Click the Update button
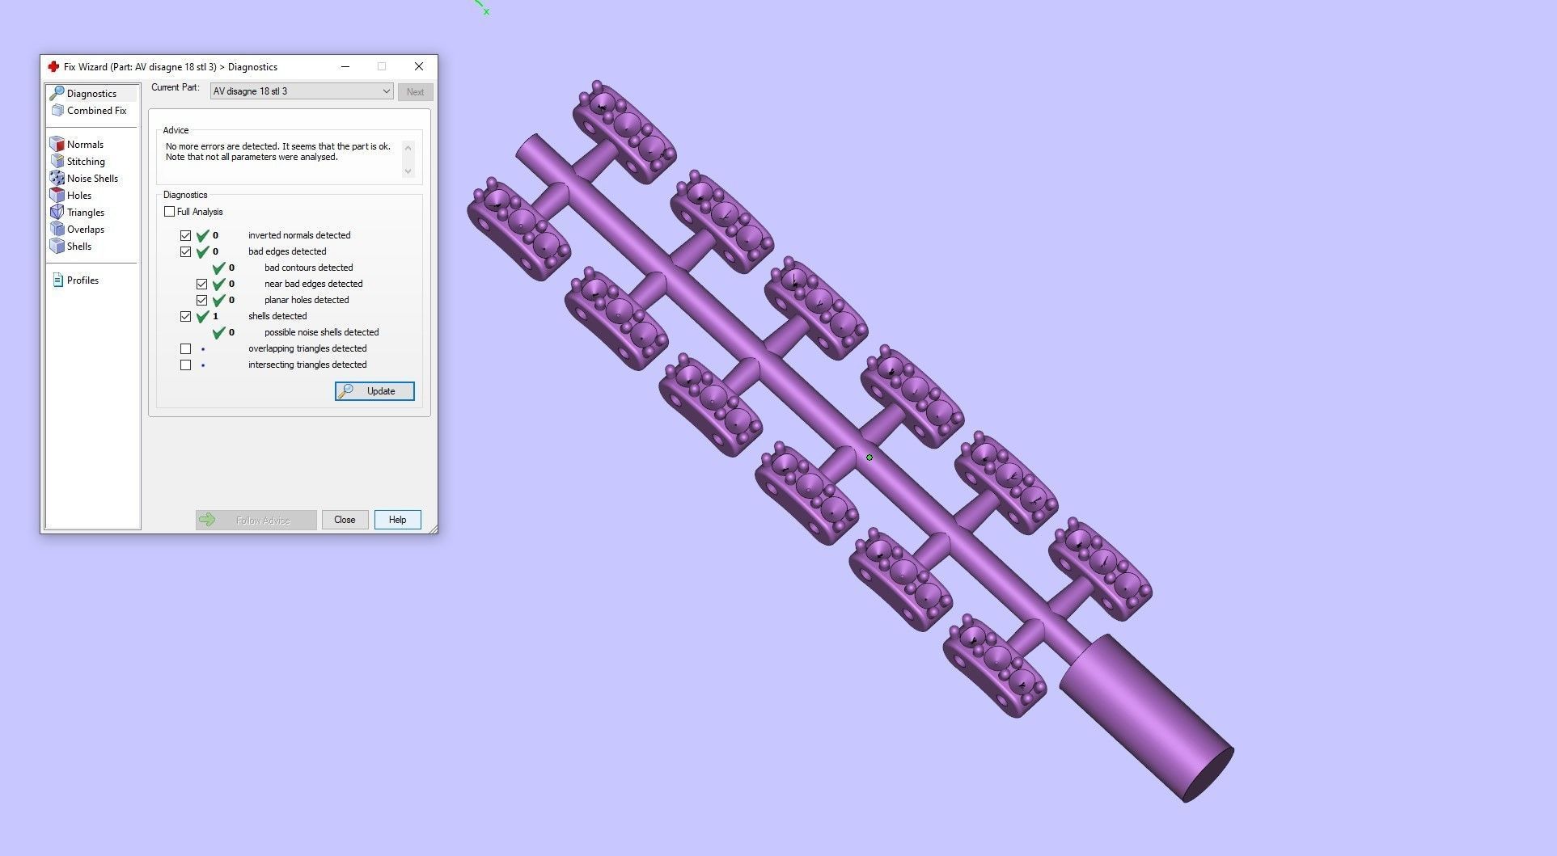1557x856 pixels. (x=374, y=391)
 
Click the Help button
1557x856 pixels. (x=397, y=520)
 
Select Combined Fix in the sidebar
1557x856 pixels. (x=96, y=111)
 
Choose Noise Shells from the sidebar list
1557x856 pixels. (x=92, y=179)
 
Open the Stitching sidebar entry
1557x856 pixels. (x=86, y=162)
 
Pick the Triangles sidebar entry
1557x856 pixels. (x=86, y=213)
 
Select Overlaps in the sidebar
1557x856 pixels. (x=86, y=230)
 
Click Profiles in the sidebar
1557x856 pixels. (x=83, y=280)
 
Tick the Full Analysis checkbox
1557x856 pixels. (x=170, y=212)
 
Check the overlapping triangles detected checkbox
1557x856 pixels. (x=186, y=349)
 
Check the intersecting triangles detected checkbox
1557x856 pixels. (x=186, y=365)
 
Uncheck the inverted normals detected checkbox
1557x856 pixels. (x=186, y=236)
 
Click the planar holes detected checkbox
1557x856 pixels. (x=202, y=301)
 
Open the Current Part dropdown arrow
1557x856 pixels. (x=386, y=91)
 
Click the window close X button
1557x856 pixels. (x=418, y=66)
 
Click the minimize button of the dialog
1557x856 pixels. (x=345, y=66)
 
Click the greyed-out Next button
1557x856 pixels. (x=415, y=92)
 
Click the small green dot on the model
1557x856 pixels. (x=869, y=458)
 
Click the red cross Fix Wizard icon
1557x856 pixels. (x=53, y=66)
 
